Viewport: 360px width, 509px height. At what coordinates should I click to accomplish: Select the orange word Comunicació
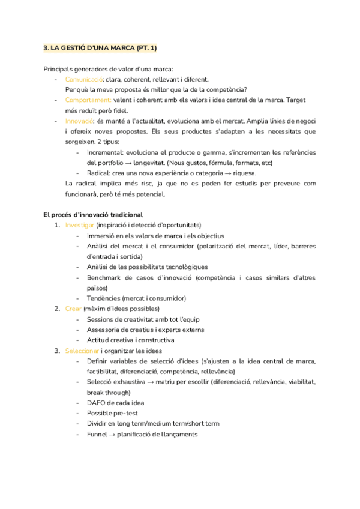83,79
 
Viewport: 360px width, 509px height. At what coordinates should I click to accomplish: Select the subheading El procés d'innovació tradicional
93,214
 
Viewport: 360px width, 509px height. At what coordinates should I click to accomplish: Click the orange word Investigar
79,225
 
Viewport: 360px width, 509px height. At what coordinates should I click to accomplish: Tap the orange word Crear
73,309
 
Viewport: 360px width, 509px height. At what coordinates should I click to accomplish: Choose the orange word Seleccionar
82,350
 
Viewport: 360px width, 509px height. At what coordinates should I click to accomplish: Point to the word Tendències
103,298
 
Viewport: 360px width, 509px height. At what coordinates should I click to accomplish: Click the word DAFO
97,402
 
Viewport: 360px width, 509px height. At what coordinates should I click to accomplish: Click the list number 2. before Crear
57,309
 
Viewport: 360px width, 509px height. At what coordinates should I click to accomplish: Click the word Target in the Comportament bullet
305,100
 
